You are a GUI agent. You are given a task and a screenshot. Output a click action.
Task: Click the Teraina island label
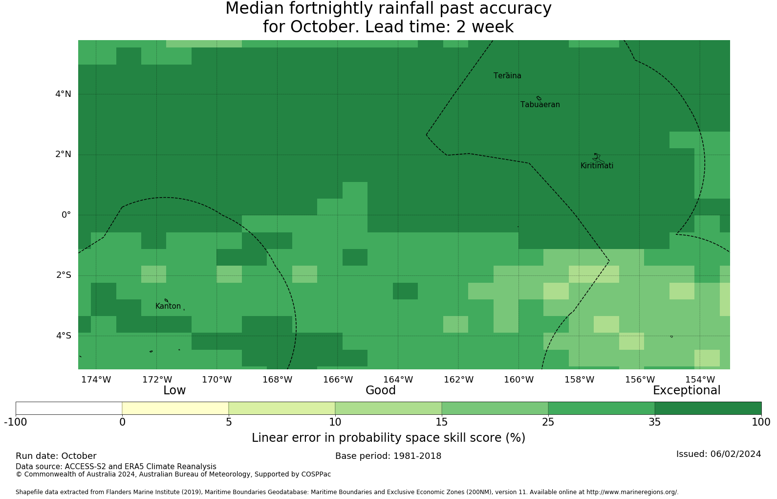pos(507,76)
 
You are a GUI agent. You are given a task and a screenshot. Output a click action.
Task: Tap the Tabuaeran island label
pos(540,105)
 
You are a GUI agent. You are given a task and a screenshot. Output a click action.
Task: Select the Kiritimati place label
pos(597,166)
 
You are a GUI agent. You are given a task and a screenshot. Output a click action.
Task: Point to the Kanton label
pos(168,306)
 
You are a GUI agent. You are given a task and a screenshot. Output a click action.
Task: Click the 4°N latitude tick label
pos(63,94)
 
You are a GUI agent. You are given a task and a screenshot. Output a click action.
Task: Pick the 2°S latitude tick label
pos(63,275)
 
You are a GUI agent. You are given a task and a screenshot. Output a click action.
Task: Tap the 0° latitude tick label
pos(66,215)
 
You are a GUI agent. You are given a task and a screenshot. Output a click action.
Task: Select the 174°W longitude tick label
pos(96,380)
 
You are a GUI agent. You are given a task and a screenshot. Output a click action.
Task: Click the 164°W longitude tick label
pos(398,380)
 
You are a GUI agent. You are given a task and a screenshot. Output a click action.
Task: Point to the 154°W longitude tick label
pos(700,380)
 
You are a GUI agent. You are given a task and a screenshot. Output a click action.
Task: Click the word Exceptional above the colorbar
pos(687,390)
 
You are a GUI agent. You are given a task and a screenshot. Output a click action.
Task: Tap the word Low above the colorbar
pos(174,390)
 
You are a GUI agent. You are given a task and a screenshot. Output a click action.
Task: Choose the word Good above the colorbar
pos(381,390)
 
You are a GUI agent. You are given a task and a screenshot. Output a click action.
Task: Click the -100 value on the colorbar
pos(16,422)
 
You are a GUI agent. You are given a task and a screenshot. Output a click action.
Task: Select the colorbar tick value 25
pos(548,422)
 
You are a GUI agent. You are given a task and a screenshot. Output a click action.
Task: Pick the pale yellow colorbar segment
pos(175,408)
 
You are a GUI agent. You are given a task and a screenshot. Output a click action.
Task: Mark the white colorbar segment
pos(69,408)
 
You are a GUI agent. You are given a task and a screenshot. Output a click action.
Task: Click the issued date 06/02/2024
pos(735,454)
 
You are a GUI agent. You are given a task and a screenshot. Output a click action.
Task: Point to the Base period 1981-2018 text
pos(388,456)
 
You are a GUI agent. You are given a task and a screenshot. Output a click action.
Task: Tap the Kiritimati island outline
pos(598,159)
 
